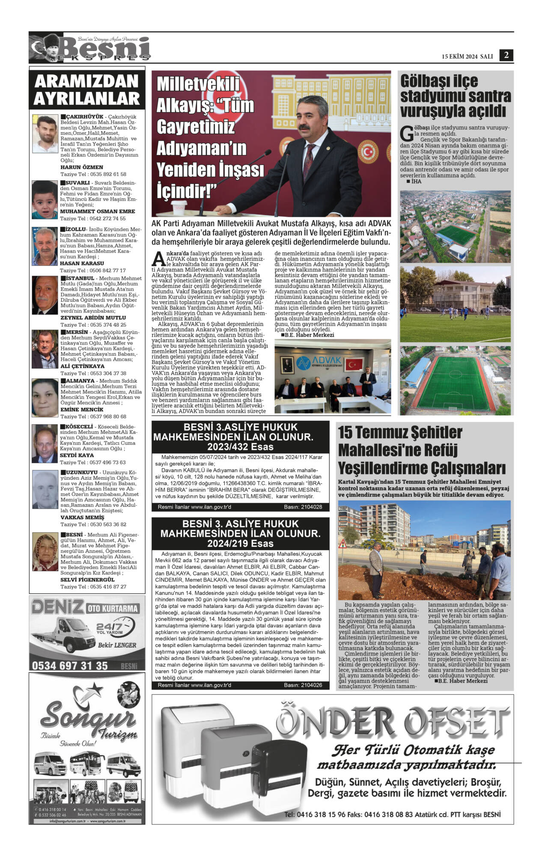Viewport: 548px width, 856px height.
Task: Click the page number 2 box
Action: point(506,55)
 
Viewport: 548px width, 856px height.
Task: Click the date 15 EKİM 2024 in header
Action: point(459,56)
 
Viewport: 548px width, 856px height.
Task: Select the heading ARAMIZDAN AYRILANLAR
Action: point(87,89)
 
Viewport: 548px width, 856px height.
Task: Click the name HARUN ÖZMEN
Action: point(82,167)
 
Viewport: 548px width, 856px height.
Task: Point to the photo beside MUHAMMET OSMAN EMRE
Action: point(45,200)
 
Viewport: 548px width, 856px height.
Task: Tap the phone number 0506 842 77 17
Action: point(104,270)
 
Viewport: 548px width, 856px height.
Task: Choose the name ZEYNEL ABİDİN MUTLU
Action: point(93,318)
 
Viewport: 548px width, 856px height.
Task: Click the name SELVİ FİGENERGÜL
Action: point(87,580)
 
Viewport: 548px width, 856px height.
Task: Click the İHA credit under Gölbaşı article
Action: point(416,181)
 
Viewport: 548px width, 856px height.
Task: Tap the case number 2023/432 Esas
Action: point(240,447)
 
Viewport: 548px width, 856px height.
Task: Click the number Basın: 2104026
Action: point(303,685)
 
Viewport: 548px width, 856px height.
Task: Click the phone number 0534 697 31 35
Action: point(70,666)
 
